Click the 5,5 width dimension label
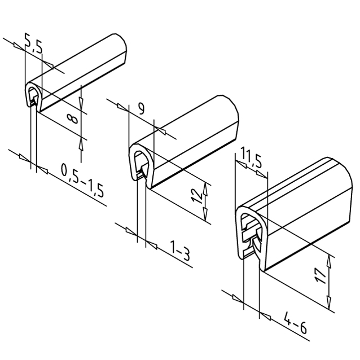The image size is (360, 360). click(x=34, y=43)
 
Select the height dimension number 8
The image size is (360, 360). click(x=73, y=120)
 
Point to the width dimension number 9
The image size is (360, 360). click(x=142, y=108)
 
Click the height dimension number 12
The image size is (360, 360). click(x=197, y=196)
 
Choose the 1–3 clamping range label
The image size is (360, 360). click(x=180, y=251)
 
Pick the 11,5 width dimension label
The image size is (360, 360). click(x=251, y=157)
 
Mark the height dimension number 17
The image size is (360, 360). click(x=320, y=276)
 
